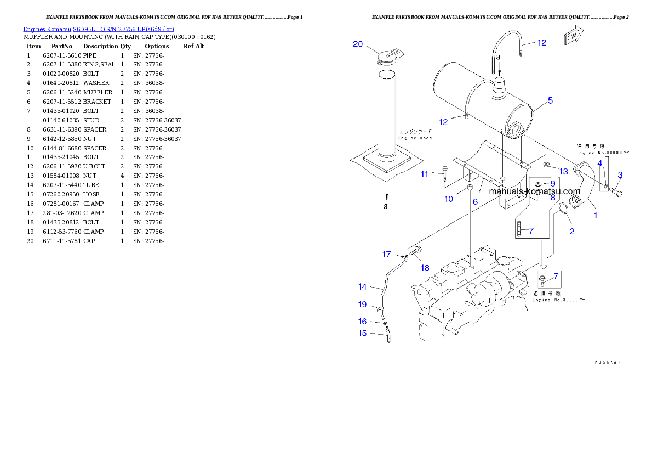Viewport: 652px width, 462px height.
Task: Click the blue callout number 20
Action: [x=358, y=44]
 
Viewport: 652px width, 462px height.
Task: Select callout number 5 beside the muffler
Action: [x=550, y=100]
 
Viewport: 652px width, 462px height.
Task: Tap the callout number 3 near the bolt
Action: [x=620, y=175]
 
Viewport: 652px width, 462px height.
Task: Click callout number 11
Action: [x=425, y=174]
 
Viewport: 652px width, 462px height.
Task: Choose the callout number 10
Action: [x=449, y=199]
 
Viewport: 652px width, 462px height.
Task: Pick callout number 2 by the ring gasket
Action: [x=571, y=231]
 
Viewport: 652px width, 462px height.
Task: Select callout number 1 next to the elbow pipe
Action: [x=596, y=215]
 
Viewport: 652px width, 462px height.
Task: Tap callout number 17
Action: [x=387, y=254]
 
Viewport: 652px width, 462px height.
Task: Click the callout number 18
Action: [x=425, y=268]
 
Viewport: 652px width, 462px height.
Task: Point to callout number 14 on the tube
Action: [x=362, y=286]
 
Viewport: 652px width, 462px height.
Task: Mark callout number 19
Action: [x=362, y=305]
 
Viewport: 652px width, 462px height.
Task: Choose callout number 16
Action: [x=362, y=321]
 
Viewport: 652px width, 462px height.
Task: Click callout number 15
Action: [x=362, y=333]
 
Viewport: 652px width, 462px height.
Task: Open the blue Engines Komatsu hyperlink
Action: [x=99, y=29]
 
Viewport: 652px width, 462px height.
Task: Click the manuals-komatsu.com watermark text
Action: [x=534, y=191]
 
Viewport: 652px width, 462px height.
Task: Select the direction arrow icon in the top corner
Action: [x=573, y=38]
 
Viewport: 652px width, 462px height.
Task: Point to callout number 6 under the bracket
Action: [x=476, y=201]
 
